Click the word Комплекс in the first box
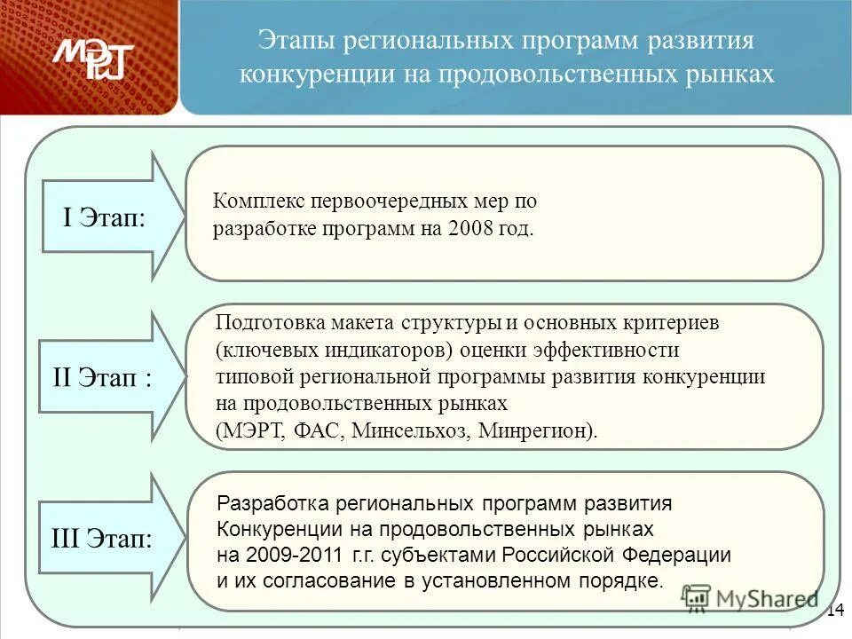coord(256,201)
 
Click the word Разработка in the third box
coord(268,503)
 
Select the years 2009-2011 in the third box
coord(291,556)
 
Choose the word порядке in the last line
coord(628,582)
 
